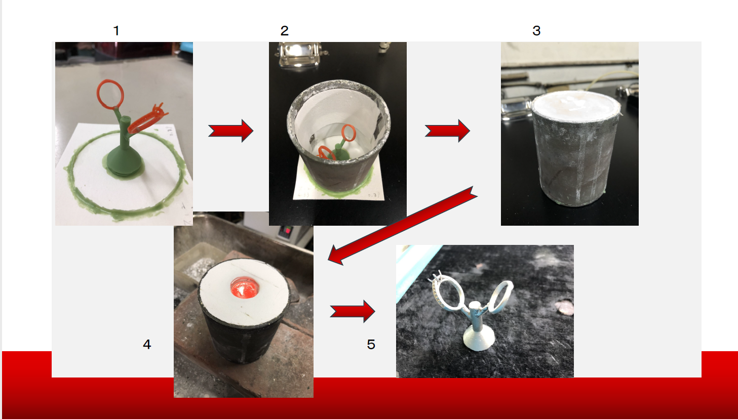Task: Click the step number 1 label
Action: [x=116, y=31]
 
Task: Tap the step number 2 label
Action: [x=284, y=31]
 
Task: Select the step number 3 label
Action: [x=536, y=30]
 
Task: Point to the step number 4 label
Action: [x=147, y=344]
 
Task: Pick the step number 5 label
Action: [x=371, y=344]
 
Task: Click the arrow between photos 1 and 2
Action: [x=230, y=131]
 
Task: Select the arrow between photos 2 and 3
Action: [x=447, y=131]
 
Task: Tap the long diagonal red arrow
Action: [x=402, y=226]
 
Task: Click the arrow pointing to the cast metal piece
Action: [x=352, y=311]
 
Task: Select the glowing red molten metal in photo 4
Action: [x=244, y=288]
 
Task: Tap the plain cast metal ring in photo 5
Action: [x=501, y=296]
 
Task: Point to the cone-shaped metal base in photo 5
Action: [x=478, y=339]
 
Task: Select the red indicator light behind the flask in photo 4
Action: [x=287, y=231]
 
